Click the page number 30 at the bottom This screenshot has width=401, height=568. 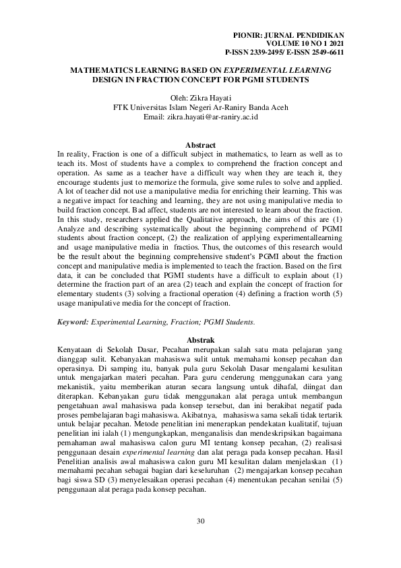tap(200, 521)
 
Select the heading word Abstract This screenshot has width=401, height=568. tap(200, 146)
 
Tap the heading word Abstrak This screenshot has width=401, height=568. tap(200, 341)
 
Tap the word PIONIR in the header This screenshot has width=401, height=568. tap(247, 33)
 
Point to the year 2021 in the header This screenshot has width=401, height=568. tap(334, 42)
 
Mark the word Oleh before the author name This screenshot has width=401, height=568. tap(180, 98)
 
